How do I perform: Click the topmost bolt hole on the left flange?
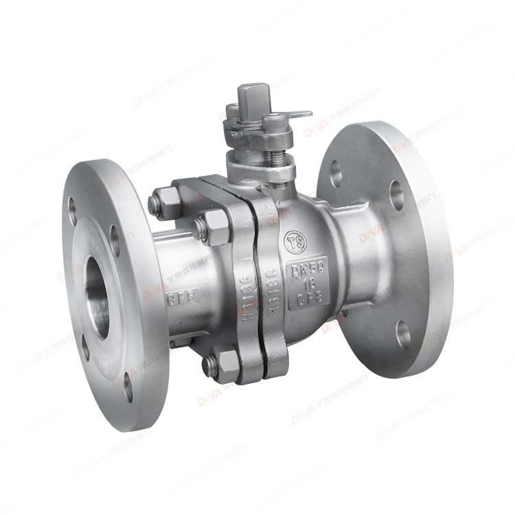click(x=73, y=205)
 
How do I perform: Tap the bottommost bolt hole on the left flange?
click(x=128, y=387)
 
